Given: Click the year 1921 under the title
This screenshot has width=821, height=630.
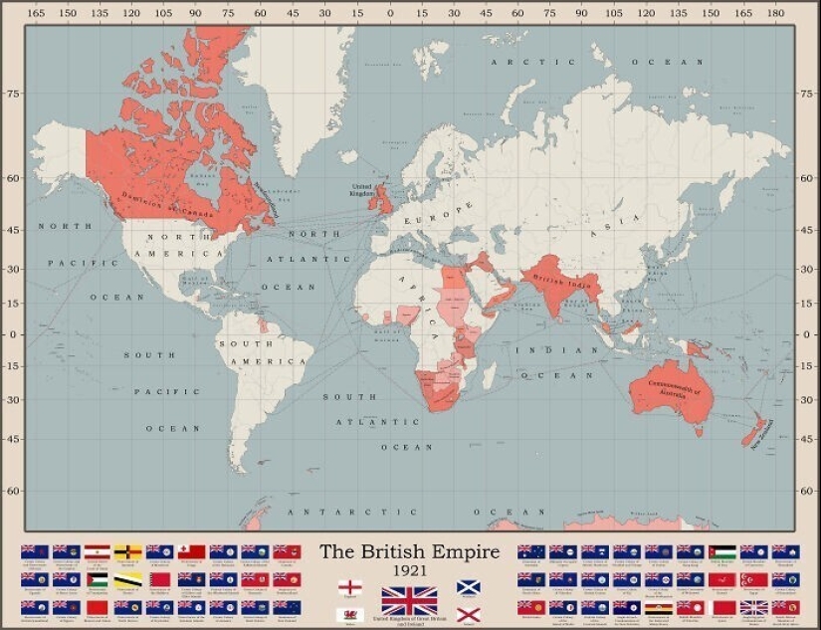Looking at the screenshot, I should tap(409, 570).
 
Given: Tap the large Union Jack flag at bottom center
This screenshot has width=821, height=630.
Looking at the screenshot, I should tap(409, 600).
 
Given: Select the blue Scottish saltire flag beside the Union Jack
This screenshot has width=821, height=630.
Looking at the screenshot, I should tap(469, 587).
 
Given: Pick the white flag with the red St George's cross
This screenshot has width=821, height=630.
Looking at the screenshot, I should tap(349, 587).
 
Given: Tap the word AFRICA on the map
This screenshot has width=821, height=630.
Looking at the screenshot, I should tap(418, 299).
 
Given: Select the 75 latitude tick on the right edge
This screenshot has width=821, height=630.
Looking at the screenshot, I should tap(807, 94).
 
